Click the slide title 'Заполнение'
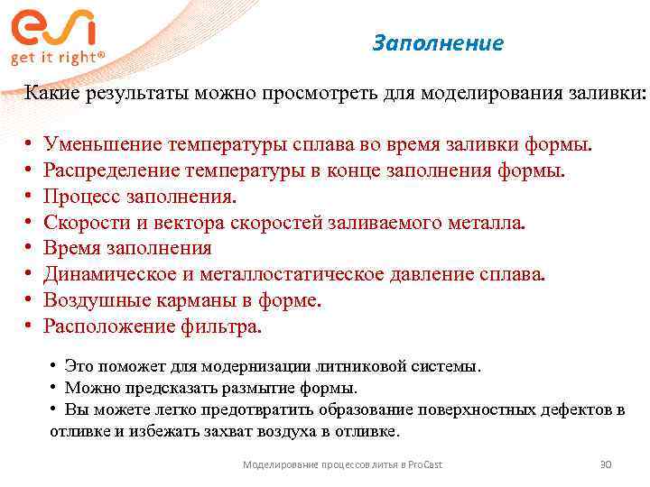point(438,43)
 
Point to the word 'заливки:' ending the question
point(609,93)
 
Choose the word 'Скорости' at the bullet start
point(84,223)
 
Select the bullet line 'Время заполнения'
point(128,249)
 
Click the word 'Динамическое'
point(104,275)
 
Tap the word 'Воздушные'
point(90,301)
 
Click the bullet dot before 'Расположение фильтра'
point(30,326)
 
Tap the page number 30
point(606,464)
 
